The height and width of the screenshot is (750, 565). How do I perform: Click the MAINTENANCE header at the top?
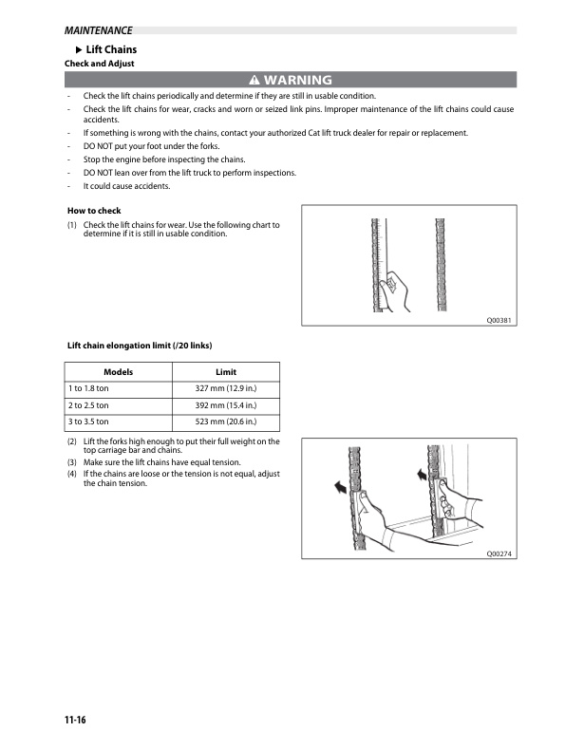[x=98, y=30]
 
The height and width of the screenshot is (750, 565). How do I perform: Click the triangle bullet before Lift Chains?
[x=79, y=49]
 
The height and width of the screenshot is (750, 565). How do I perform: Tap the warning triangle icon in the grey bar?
[x=254, y=80]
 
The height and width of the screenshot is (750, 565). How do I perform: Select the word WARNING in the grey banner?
[x=297, y=80]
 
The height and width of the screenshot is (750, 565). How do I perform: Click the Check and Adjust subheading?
[x=99, y=64]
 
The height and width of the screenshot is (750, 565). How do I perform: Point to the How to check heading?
[x=94, y=211]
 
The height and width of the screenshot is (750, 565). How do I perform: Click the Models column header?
[x=118, y=371]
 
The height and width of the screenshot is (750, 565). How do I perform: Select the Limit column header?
[x=226, y=371]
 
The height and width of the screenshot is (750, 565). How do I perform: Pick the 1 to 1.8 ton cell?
[x=118, y=388]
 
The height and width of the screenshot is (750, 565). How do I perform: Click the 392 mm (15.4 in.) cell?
[x=226, y=405]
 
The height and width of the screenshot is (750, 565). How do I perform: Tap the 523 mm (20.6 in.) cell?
[x=226, y=422]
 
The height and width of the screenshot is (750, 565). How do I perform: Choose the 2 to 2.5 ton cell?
[x=118, y=405]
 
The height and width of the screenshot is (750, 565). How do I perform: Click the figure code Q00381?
[x=499, y=320]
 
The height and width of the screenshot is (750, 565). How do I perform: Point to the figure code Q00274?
[x=499, y=553]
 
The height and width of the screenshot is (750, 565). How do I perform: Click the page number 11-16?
[x=75, y=720]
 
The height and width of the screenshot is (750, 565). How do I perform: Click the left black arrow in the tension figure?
[x=341, y=487]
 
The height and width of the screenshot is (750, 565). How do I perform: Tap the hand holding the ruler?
[x=395, y=291]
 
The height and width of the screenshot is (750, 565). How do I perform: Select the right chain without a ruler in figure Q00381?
[x=441, y=265]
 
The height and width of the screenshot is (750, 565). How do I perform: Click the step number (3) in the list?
[x=72, y=462]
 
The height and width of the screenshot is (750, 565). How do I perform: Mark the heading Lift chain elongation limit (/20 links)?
[x=140, y=346]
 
